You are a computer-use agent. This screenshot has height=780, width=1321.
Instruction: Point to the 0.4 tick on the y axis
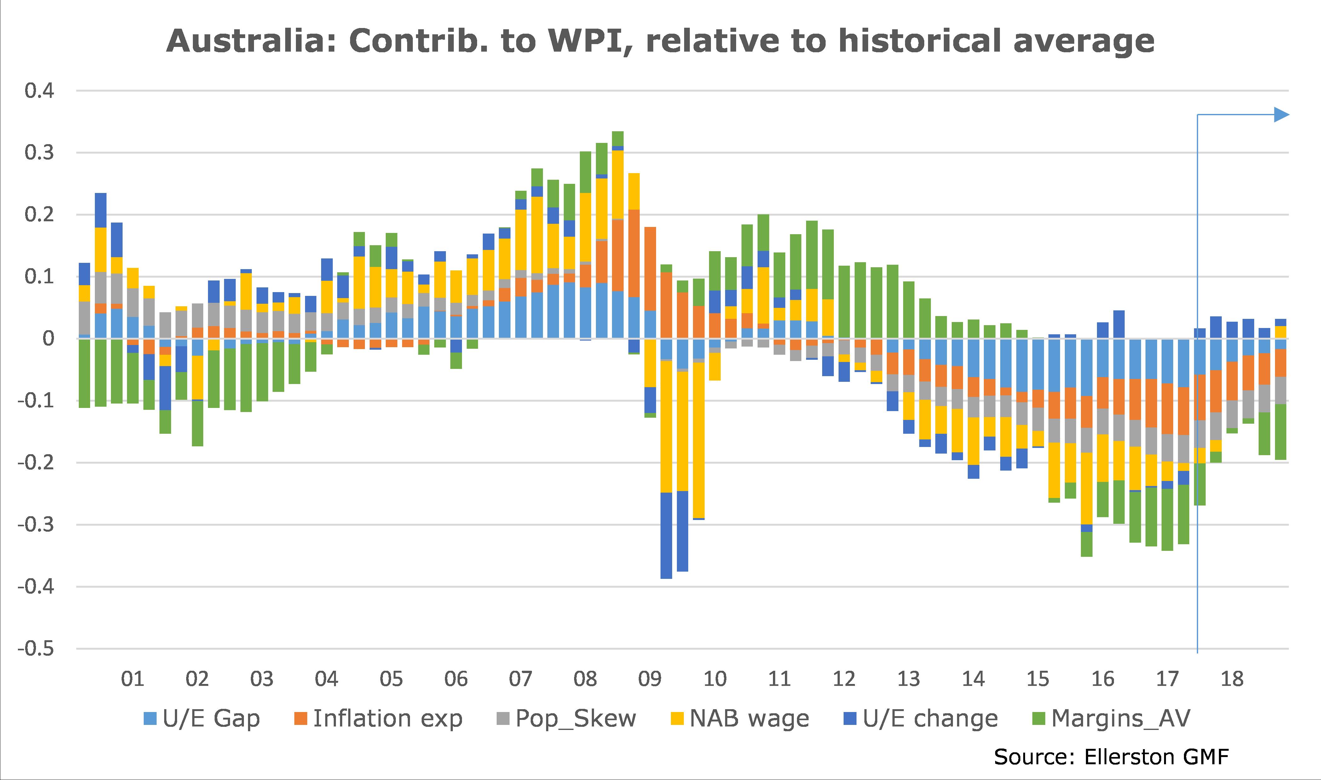(x=39, y=91)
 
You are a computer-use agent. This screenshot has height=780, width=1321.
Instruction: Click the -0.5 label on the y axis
(x=36, y=649)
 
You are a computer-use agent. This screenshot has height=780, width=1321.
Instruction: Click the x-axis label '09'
(x=650, y=679)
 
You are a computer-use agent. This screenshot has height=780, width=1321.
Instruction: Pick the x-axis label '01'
(x=133, y=679)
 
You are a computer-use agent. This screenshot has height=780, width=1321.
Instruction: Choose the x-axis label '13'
(x=909, y=679)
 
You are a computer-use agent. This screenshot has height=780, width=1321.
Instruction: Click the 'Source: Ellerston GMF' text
(x=1111, y=756)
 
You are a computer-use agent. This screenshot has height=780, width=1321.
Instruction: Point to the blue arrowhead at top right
(x=1282, y=115)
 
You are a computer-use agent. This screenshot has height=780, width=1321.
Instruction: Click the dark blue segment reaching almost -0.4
(x=666, y=535)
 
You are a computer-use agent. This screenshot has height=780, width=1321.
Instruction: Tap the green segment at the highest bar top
(x=618, y=138)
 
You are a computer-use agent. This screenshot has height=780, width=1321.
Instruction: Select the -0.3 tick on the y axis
(x=36, y=524)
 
